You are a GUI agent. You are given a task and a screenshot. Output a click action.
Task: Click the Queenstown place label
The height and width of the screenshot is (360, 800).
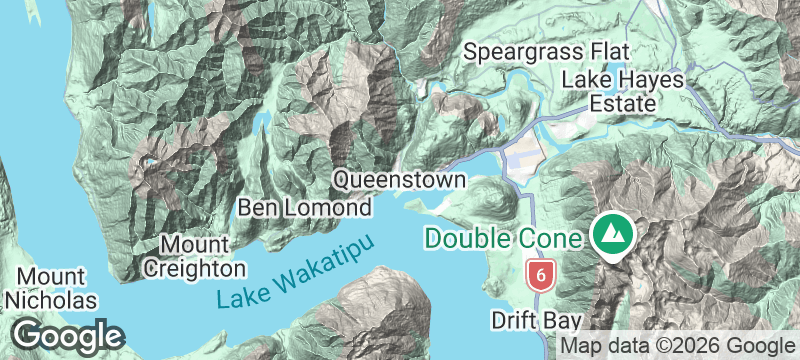point(399,180)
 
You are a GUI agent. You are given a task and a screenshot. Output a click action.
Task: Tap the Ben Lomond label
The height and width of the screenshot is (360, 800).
point(304,208)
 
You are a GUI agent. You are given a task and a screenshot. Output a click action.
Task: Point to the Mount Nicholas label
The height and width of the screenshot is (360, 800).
point(50,288)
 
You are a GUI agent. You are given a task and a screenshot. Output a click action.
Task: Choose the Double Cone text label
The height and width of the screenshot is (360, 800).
point(503,239)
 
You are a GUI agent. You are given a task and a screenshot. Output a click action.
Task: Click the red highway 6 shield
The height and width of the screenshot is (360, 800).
point(540,272)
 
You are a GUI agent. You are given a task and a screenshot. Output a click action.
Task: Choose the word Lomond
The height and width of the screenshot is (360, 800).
point(333,208)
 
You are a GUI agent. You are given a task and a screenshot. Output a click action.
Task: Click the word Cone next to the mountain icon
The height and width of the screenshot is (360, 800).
point(553,239)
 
